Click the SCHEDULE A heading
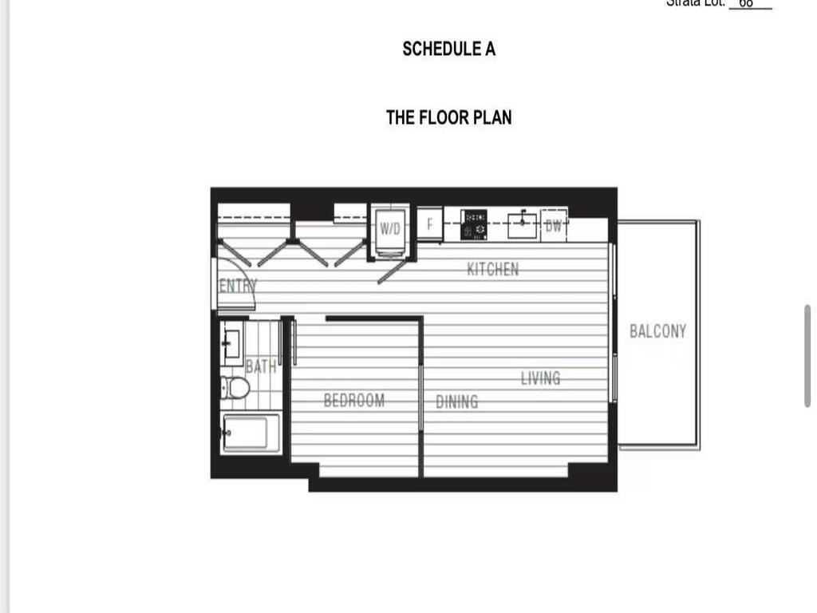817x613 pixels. (448, 49)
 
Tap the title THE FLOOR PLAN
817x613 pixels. (448, 117)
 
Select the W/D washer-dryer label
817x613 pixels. (390, 229)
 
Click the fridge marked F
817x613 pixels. (429, 224)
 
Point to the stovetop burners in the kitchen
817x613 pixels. (475, 225)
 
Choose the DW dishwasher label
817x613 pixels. (554, 225)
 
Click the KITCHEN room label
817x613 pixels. (492, 269)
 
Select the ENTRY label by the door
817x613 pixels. (237, 286)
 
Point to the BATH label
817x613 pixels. (261, 366)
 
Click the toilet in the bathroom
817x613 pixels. (235, 389)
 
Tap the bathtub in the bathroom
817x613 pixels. (251, 433)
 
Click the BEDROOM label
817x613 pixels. (353, 400)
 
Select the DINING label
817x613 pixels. (457, 401)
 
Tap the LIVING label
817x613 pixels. (540, 378)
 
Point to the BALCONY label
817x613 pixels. (657, 331)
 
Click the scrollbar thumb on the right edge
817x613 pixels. (807, 356)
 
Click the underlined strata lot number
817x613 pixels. (748, 3)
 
